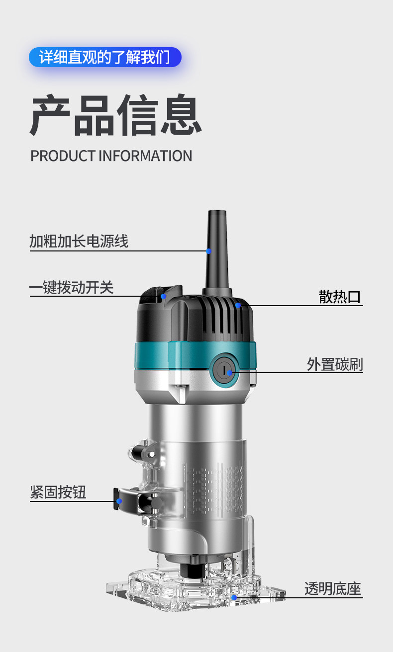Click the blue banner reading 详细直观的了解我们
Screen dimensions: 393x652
[104, 58]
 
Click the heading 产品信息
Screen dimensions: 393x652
[115, 115]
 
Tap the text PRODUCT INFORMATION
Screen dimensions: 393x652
[111, 156]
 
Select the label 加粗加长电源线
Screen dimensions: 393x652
[79, 242]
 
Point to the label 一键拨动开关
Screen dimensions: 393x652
[71, 287]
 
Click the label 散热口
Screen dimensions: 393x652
[340, 297]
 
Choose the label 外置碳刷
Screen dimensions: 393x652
[334, 364]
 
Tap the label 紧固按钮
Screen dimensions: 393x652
[58, 492]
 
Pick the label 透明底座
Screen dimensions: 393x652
[332, 589]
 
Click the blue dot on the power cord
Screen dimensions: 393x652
[209, 251]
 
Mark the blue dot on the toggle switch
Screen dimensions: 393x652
[163, 296]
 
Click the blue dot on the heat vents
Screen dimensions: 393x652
[238, 305]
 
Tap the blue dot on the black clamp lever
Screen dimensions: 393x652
[119, 501]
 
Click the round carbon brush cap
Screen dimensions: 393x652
[224, 371]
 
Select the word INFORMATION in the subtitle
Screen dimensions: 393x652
[145, 156]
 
